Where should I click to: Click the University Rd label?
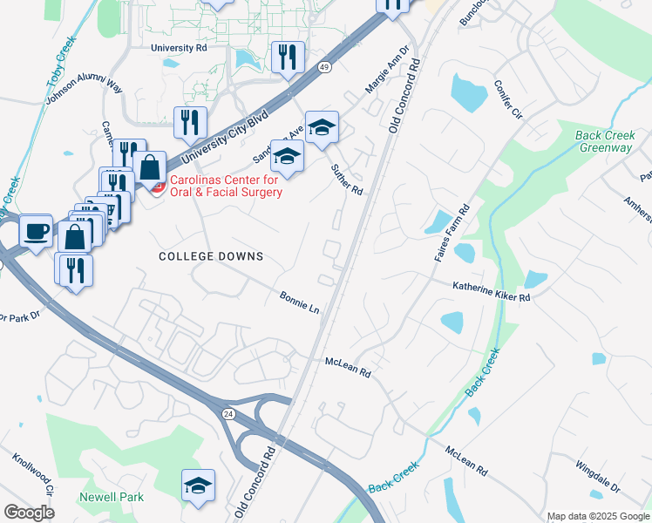(178, 49)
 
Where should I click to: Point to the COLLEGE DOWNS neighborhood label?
(211, 256)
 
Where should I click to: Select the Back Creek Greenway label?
(603, 141)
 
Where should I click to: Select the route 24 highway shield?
(228, 412)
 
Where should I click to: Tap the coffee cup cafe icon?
(36, 231)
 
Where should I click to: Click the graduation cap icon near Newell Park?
(199, 485)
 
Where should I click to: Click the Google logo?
(29, 513)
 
